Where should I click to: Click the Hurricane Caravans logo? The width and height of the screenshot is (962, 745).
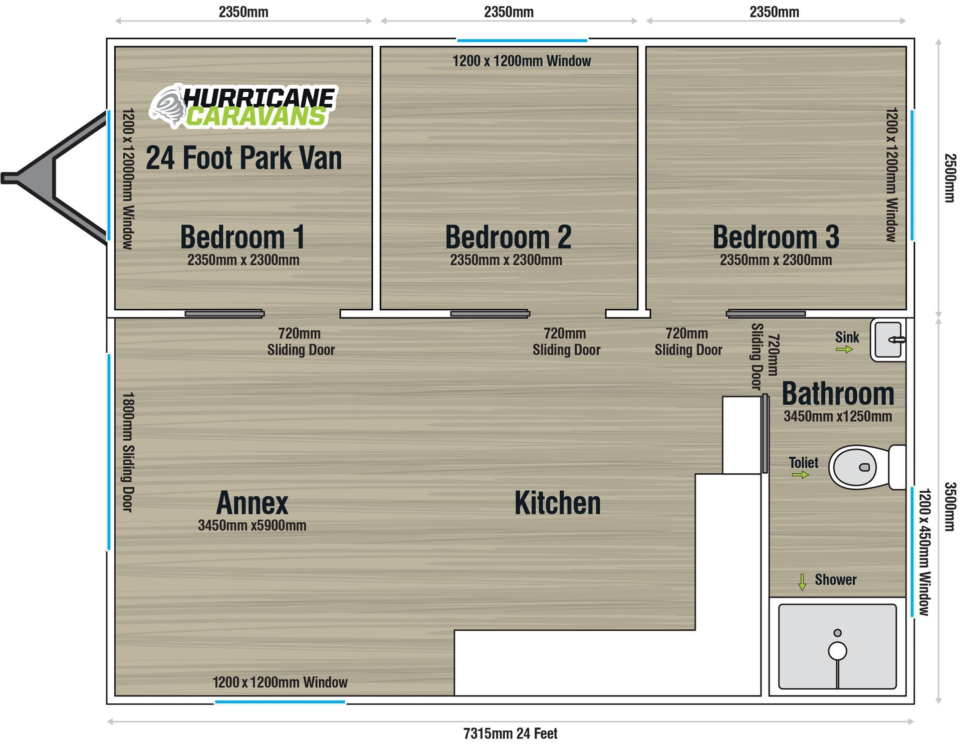[x=244, y=105]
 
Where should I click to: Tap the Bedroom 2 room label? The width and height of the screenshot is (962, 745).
[x=508, y=237]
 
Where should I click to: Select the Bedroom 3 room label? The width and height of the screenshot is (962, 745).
[x=776, y=237]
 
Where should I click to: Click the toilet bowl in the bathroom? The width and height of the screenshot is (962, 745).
[x=858, y=467]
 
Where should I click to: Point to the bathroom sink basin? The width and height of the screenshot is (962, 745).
[x=888, y=340]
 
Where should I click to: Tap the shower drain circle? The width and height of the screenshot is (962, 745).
[x=837, y=651]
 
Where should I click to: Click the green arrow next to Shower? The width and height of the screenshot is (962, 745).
[x=802, y=582]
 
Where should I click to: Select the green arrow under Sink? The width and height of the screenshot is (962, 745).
[x=844, y=349]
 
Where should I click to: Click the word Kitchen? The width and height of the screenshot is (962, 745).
[x=557, y=503]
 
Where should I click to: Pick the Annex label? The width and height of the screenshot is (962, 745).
[x=252, y=503]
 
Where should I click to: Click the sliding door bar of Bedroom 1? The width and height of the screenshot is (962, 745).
[x=224, y=314]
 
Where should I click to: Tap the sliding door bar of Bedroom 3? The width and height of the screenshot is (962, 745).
[x=766, y=314]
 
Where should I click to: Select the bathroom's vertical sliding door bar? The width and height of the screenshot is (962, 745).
[x=765, y=434]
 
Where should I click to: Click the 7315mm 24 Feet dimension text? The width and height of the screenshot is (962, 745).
[x=510, y=733]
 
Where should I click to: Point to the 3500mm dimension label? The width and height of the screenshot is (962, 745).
[x=950, y=506]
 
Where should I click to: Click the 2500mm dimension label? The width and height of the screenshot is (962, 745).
[x=950, y=178]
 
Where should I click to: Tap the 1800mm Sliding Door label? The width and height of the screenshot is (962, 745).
[x=128, y=452]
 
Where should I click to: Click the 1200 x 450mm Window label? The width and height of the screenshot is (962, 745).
[x=924, y=552]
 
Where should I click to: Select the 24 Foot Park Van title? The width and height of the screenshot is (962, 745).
[x=244, y=157]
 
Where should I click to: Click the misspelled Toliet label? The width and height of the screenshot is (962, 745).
[x=803, y=462]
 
